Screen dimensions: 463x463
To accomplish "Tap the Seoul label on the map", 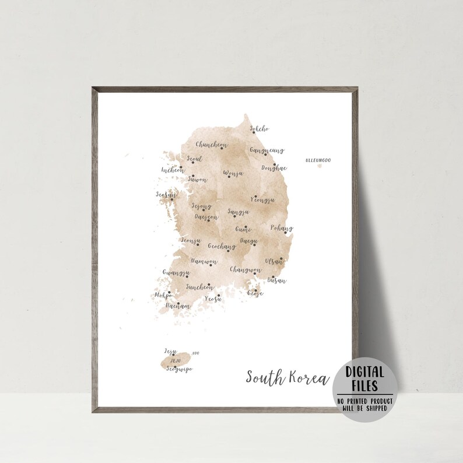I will [195, 159].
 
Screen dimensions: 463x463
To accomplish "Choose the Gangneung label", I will [266, 150].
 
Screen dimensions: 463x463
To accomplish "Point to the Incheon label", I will [173, 171].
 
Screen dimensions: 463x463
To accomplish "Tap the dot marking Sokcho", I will [254, 132].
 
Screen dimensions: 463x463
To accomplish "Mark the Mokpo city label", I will [163, 296].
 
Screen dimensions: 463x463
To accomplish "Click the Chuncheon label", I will [212, 145].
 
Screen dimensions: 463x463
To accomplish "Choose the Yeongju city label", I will [262, 199].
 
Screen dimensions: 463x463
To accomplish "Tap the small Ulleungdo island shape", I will [318, 166].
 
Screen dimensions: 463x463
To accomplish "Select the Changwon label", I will [245, 269].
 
